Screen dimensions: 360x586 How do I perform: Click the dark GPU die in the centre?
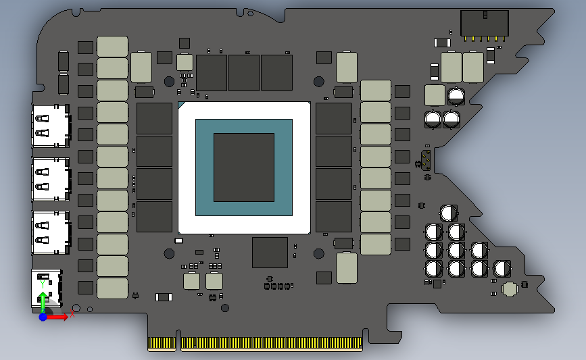pos(244,167)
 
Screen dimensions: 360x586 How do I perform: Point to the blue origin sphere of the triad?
pos(43,317)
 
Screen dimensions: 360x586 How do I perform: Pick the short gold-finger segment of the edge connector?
pos(162,344)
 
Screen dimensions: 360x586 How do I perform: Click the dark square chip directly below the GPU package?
pos(270,252)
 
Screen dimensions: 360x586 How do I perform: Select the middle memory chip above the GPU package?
pos(244,72)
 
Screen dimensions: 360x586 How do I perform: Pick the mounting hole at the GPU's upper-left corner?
pos(169,82)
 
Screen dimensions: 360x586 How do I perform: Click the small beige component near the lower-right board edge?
pos(510,289)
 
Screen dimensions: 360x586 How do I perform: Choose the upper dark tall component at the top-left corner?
pos(64,61)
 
